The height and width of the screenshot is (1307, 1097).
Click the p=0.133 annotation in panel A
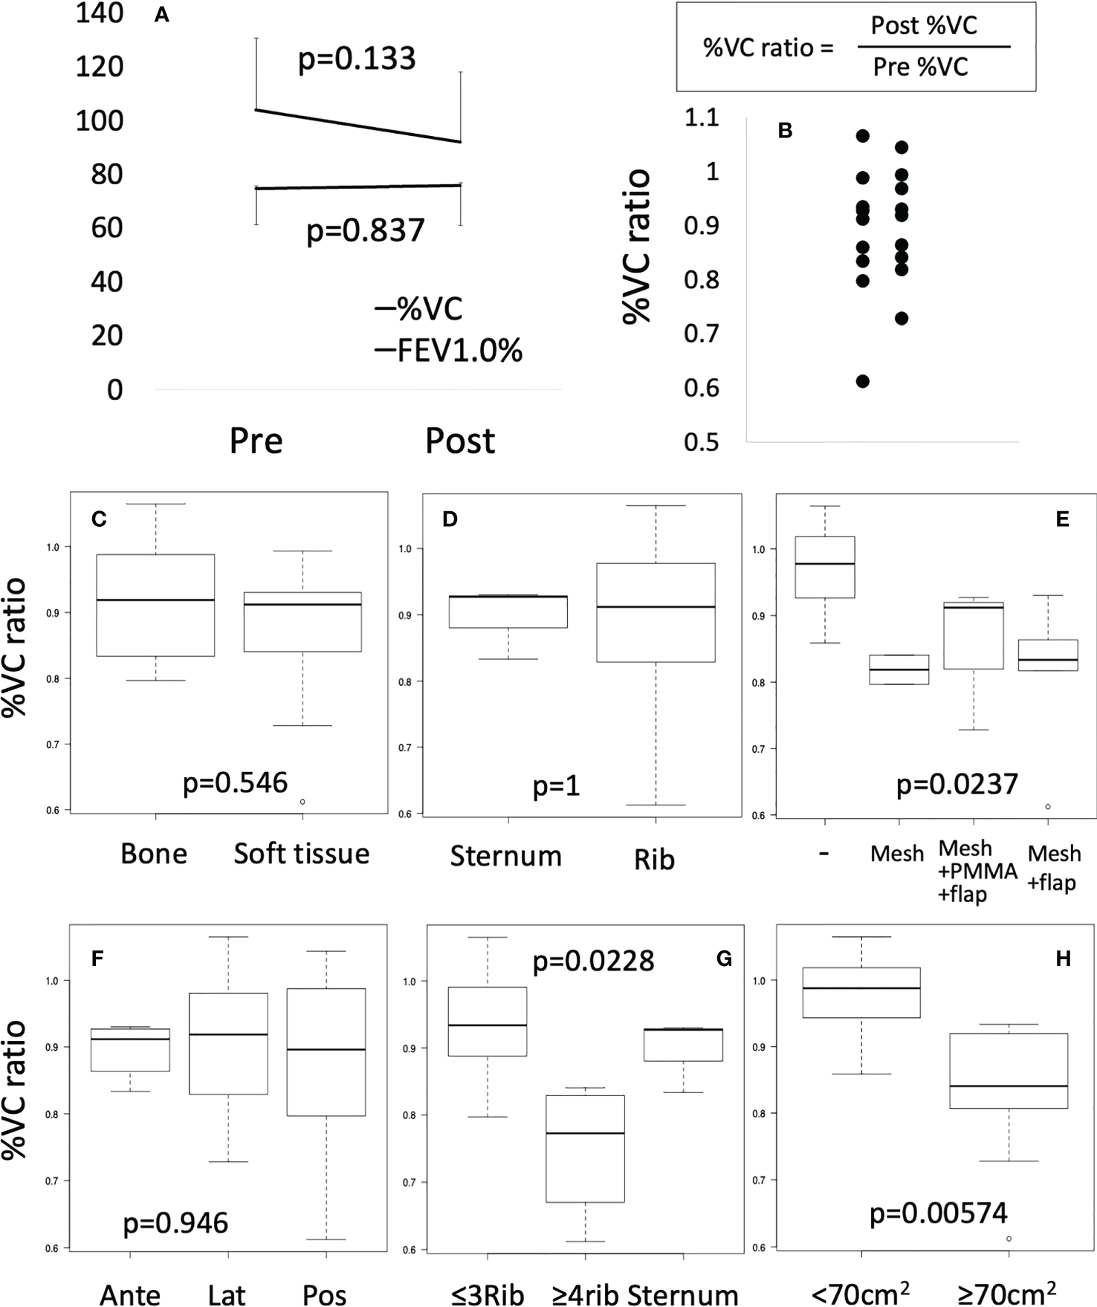pos(357,59)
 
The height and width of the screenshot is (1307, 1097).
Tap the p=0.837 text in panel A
pos(365,230)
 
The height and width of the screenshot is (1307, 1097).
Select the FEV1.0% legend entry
pos(449,351)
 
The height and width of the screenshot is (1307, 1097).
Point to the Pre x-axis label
pos(256,441)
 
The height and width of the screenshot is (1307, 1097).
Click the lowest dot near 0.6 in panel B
pos(863,381)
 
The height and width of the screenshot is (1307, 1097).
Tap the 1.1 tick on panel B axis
pos(702,117)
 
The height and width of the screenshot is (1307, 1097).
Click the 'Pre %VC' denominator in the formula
pos(920,68)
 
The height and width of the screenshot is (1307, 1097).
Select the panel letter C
pos(99,519)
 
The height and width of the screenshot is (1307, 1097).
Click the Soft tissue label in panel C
pos(302,854)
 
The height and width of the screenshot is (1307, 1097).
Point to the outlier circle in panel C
pos(302,802)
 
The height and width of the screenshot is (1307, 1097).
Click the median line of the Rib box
pos(656,607)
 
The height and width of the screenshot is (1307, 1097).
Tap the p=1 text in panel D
pos(556,786)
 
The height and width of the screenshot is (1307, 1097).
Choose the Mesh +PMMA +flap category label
pos(977,871)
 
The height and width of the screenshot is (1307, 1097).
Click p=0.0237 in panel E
pos(957,785)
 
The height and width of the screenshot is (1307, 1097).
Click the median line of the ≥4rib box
pos(585,1133)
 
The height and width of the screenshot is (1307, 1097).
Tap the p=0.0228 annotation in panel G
pos(593,961)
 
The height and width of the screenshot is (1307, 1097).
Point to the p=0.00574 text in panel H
pos(939,1213)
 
